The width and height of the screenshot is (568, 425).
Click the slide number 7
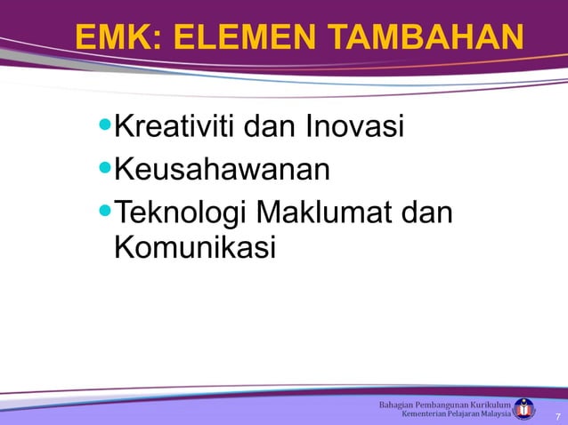[557, 416]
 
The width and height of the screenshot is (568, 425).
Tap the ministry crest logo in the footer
[525, 409]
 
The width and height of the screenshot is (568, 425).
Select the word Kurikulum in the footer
[489, 405]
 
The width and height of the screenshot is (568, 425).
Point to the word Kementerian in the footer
[427, 414]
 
